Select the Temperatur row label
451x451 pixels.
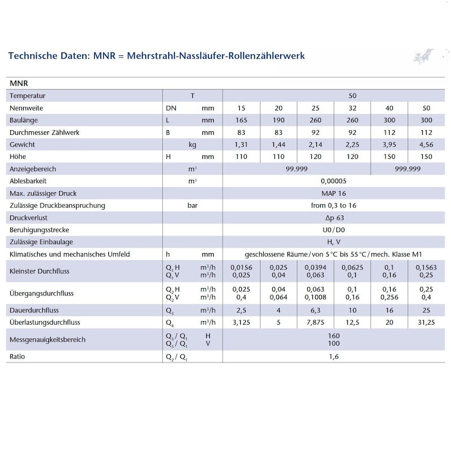pos(28,96)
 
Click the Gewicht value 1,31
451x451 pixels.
pos(241,144)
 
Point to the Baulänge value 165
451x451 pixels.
pos(241,120)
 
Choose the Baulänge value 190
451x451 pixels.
pos(278,120)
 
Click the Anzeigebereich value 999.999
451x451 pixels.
pos(408,169)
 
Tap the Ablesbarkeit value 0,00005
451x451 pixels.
pos(333,181)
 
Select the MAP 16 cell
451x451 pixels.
pos(333,193)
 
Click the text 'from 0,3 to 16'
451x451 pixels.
pos(333,205)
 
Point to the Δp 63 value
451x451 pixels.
pos(333,218)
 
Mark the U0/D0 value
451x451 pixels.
pos(333,230)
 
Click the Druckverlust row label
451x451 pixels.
pos(29,218)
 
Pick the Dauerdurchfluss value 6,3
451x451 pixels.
pos(315,311)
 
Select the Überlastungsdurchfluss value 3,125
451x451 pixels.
pos(241,323)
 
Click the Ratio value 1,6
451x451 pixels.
pos(333,357)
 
